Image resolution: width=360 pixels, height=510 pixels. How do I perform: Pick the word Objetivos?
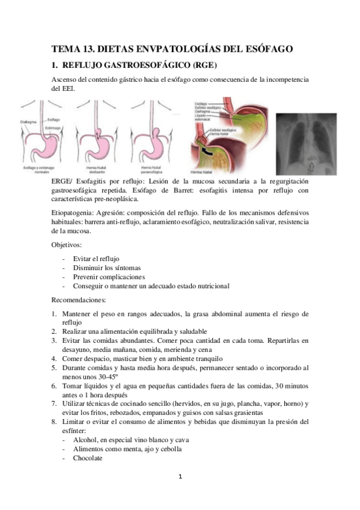coord(67,245)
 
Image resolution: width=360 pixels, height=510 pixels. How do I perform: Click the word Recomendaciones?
coord(79,299)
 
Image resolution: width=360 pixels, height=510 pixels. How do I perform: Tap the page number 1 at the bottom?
coord(180,477)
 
